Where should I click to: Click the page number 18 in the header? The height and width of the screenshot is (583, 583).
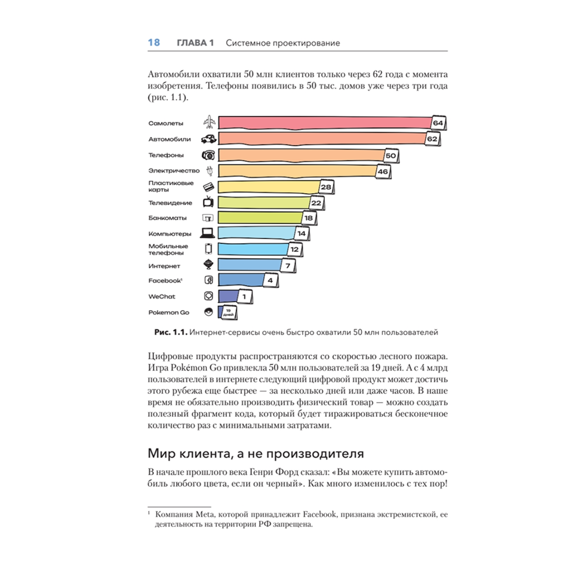[154, 43]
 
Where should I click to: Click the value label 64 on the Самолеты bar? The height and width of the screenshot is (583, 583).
[438, 124]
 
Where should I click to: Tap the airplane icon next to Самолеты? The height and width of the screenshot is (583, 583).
[209, 122]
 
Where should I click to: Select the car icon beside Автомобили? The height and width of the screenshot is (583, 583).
[209, 139]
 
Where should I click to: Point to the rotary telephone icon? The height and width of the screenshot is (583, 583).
[209, 155]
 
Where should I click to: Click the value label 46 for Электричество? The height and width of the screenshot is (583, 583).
[382, 172]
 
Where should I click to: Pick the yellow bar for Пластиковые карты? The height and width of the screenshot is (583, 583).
[268, 187]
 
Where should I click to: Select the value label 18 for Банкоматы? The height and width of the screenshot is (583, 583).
[309, 218]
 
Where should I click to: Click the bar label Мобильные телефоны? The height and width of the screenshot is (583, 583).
[168, 250]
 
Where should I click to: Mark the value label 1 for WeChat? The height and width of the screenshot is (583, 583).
[245, 297]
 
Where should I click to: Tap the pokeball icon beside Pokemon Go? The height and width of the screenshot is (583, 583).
[209, 312]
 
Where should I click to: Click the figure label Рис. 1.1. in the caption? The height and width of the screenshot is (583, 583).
[170, 332]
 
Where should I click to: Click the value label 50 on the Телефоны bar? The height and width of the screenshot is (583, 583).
[391, 156]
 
